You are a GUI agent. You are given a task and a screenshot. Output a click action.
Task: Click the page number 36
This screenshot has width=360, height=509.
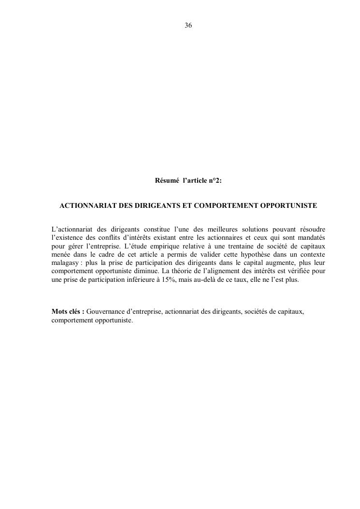click(x=188, y=25)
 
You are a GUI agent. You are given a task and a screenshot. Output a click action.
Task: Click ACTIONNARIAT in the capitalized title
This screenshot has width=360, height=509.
click(x=88, y=206)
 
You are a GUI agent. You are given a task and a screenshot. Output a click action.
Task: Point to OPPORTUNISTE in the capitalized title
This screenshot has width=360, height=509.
click(x=288, y=206)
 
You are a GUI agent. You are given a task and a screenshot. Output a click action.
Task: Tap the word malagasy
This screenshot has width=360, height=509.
click(x=65, y=262)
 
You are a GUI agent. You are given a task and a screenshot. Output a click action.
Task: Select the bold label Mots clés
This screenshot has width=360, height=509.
click(x=68, y=312)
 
